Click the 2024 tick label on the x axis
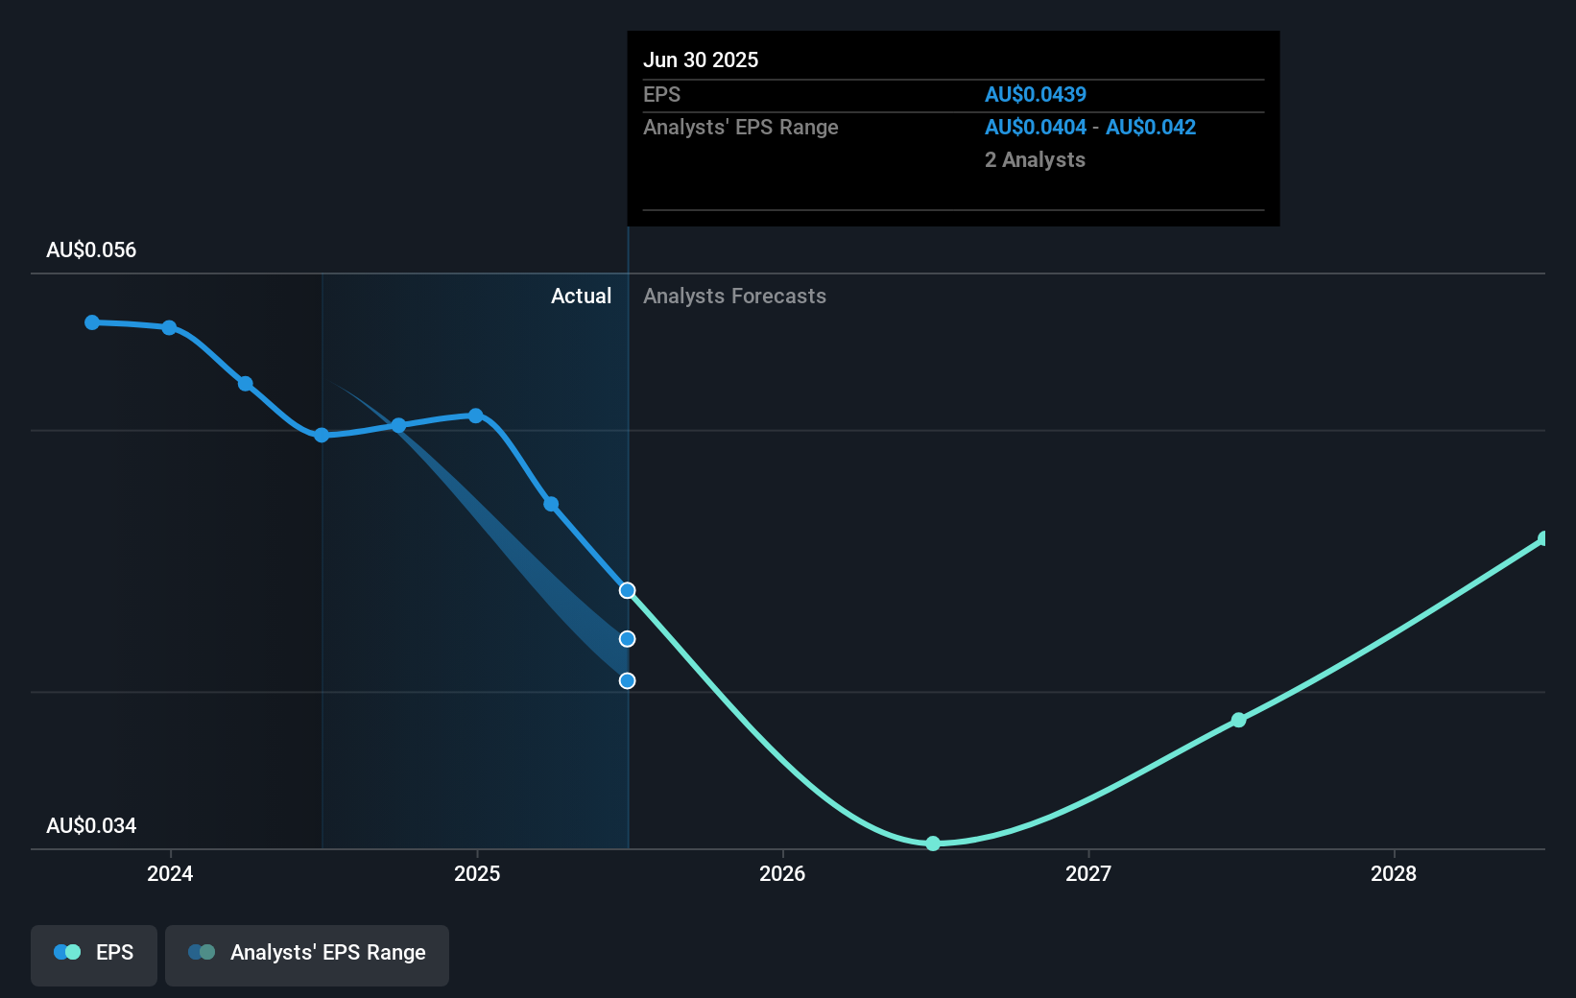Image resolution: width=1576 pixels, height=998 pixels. (x=170, y=873)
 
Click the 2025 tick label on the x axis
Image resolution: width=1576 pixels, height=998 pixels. (x=477, y=873)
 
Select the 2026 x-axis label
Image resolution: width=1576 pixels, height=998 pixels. (x=782, y=873)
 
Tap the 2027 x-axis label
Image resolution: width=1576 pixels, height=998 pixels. (x=1088, y=873)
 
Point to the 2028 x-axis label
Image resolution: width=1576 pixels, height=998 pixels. (x=1394, y=873)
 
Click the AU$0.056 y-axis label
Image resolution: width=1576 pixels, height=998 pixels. (x=91, y=250)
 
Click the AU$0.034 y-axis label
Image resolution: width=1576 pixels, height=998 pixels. (x=91, y=826)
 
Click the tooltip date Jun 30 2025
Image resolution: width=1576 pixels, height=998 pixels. (x=701, y=60)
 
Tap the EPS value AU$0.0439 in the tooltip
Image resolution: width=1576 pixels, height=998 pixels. (x=1036, y=94)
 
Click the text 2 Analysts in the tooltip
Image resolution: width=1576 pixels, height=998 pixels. (x=1035, y=160)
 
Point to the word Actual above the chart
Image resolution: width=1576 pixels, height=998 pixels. (x=581, y=297)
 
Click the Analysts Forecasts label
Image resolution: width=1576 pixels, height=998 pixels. (x=734, y=297)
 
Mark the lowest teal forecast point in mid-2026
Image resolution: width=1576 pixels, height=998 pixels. (x=933, y=844)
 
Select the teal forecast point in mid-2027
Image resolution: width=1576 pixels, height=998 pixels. (x=1239, y=720)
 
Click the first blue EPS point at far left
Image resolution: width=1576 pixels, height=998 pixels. (x=92, y=322)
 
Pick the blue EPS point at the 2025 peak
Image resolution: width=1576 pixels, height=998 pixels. (x=476, y=416)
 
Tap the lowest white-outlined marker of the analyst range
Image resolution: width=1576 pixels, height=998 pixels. (x=627, y=680)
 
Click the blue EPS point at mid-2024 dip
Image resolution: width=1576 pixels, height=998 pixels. (x=322, y=435)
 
